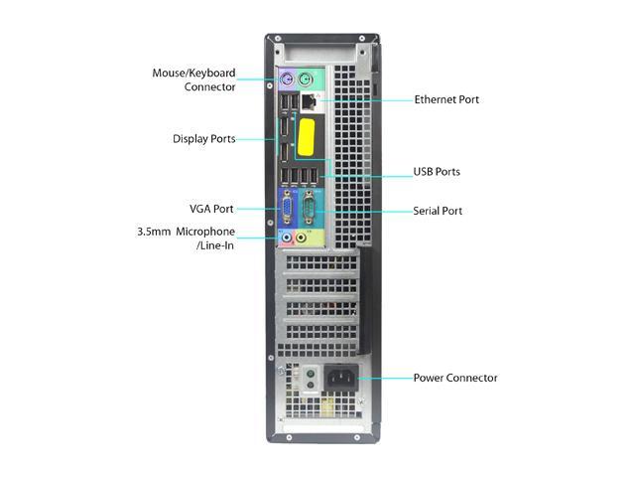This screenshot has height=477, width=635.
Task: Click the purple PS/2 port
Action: click(287, 79)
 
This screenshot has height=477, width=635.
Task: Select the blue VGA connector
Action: click(287, 209)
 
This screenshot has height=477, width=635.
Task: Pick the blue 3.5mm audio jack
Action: click(287, 238)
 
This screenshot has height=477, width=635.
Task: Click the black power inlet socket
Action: click(337, 379)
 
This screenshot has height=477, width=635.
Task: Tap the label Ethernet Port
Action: click(446, 99)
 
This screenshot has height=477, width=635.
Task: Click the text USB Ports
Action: click(437, 172)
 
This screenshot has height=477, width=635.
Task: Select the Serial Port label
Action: click(438, 211)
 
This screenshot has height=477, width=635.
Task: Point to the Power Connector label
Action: click(455, 378)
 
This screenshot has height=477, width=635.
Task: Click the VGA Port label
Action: click(211, 209)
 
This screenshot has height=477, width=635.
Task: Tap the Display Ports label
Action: click(203, 139)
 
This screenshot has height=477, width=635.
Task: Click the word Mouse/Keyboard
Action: click(193, 73)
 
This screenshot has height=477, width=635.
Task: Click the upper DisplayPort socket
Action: click(282, 129)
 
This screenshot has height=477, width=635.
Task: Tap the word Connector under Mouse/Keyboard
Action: click(210, 87)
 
